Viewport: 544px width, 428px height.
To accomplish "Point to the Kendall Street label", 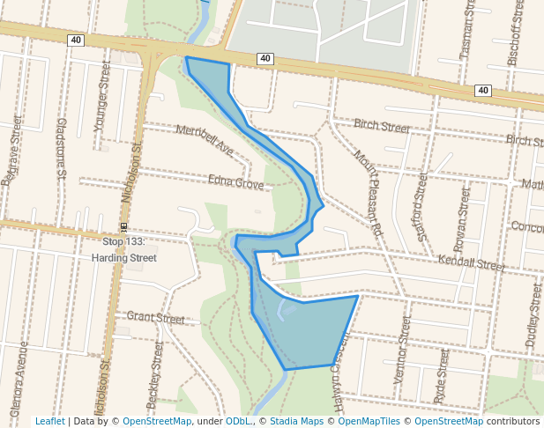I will tap(471, 262).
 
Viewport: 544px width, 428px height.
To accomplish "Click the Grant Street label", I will tap(155, 317).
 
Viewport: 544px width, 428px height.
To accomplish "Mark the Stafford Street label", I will tap(421, 202).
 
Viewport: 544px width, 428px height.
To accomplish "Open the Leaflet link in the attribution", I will tap(49, 421).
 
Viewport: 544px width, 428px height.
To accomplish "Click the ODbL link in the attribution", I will tap(238, 421).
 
